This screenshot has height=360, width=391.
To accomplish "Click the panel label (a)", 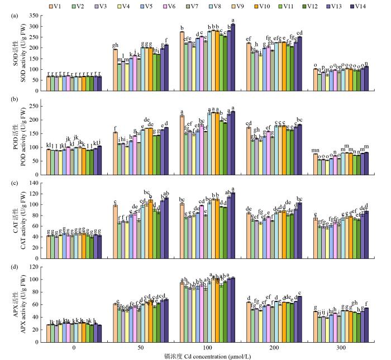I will pyautogui.click(x=15, y=16).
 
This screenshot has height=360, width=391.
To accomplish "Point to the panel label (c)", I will pyautogui.click(x=15, y=184).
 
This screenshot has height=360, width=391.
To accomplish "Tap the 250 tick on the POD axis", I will pyautogui.click(x=34, y=106).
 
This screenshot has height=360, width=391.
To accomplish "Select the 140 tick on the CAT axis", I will pyautogui.click(x=34, y=184).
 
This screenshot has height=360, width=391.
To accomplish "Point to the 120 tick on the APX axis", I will pyautogui.click(x=34, y=267).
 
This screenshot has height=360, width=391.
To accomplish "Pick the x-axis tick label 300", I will pyautogui.click(x=338, y=345).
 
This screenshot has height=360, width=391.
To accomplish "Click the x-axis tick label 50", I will pyautogui.click(x=140, y=345).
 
